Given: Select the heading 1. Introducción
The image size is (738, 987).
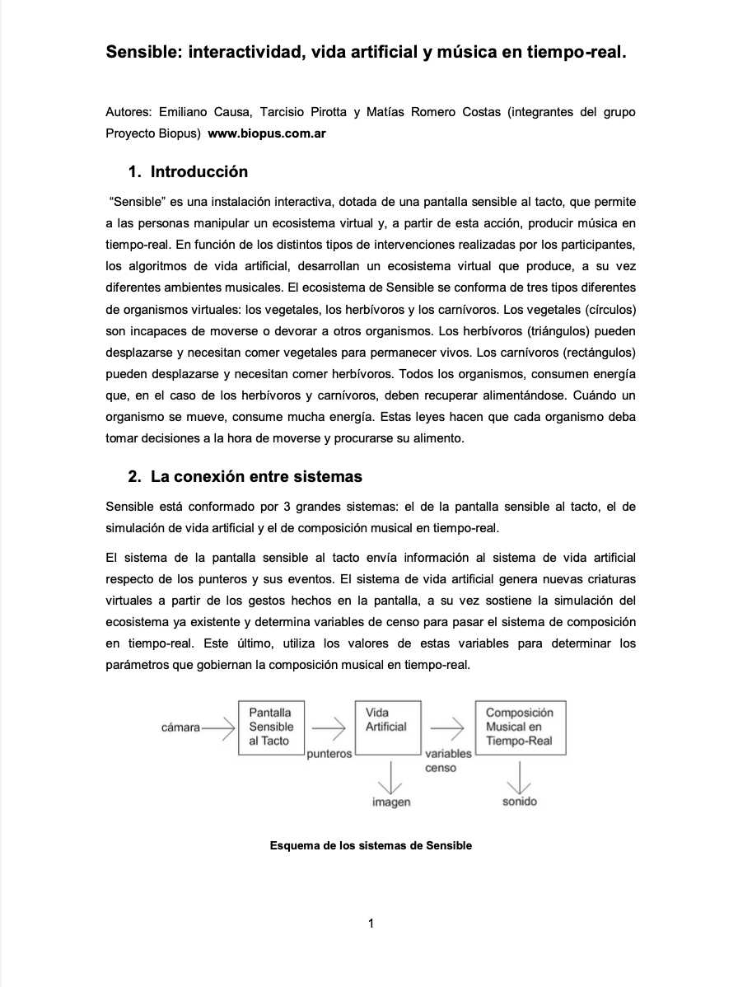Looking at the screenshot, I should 188,172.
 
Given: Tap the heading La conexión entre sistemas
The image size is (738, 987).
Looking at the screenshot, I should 256,477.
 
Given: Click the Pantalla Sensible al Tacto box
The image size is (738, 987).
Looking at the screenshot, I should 271,727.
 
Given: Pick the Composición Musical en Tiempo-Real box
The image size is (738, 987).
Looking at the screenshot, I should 520,727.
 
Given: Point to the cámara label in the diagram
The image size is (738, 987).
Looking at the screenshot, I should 181,727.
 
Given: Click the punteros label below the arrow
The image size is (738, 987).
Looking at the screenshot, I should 329,753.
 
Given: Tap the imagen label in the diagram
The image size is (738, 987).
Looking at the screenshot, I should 390,802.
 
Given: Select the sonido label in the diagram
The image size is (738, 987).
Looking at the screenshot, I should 519,801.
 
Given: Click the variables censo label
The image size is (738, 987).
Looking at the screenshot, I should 447,760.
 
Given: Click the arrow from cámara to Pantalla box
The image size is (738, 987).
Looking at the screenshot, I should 218,727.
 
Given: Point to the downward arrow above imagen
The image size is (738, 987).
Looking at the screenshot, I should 388,775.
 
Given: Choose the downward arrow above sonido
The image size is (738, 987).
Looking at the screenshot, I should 520,775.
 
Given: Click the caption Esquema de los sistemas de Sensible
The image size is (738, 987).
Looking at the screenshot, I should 371,845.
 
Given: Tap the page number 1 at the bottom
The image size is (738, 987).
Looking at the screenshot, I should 371,924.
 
